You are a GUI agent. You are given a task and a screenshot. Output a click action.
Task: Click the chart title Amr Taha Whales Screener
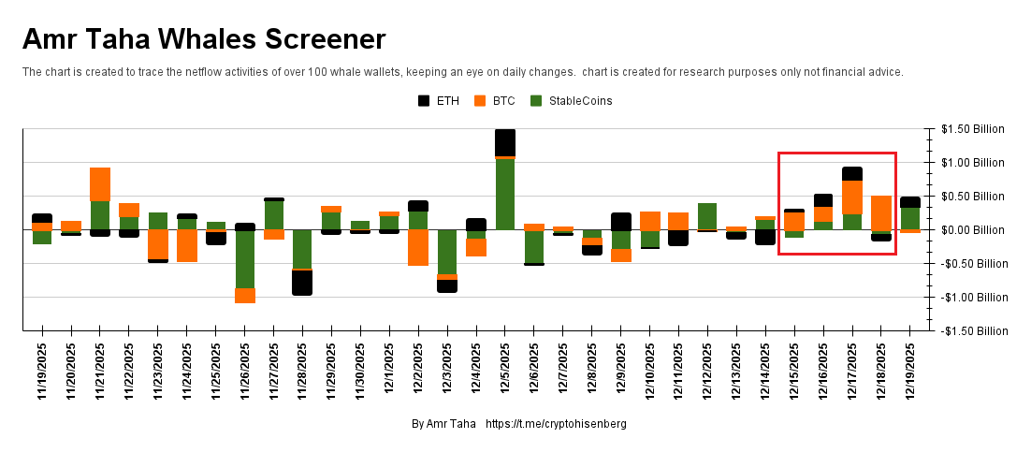(204, 39)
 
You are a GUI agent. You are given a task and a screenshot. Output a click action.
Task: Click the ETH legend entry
(439, 100)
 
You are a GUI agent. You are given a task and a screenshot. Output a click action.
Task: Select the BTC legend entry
(495, 100)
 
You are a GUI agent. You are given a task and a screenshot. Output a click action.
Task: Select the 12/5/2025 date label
(506, 371)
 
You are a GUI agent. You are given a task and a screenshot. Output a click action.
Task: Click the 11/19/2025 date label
(42, 371)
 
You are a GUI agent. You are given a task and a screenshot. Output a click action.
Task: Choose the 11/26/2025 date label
(245, 371)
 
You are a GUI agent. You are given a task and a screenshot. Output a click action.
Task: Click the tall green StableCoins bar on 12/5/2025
(505, 194)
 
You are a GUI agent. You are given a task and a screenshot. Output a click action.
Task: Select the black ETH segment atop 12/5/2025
(505, 142)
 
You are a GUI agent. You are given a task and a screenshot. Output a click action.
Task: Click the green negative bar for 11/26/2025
(245, 258)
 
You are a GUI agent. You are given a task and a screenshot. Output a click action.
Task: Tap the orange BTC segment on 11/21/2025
(100, 184)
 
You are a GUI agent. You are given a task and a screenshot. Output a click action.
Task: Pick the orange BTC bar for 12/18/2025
(881, 212)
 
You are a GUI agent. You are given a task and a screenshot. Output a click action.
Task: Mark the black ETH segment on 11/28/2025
(302, 283)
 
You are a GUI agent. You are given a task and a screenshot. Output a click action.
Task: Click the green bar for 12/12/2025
(707, 215)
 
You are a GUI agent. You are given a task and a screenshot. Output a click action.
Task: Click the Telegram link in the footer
(556, 424)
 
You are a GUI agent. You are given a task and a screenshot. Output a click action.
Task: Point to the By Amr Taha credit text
(443, 424)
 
